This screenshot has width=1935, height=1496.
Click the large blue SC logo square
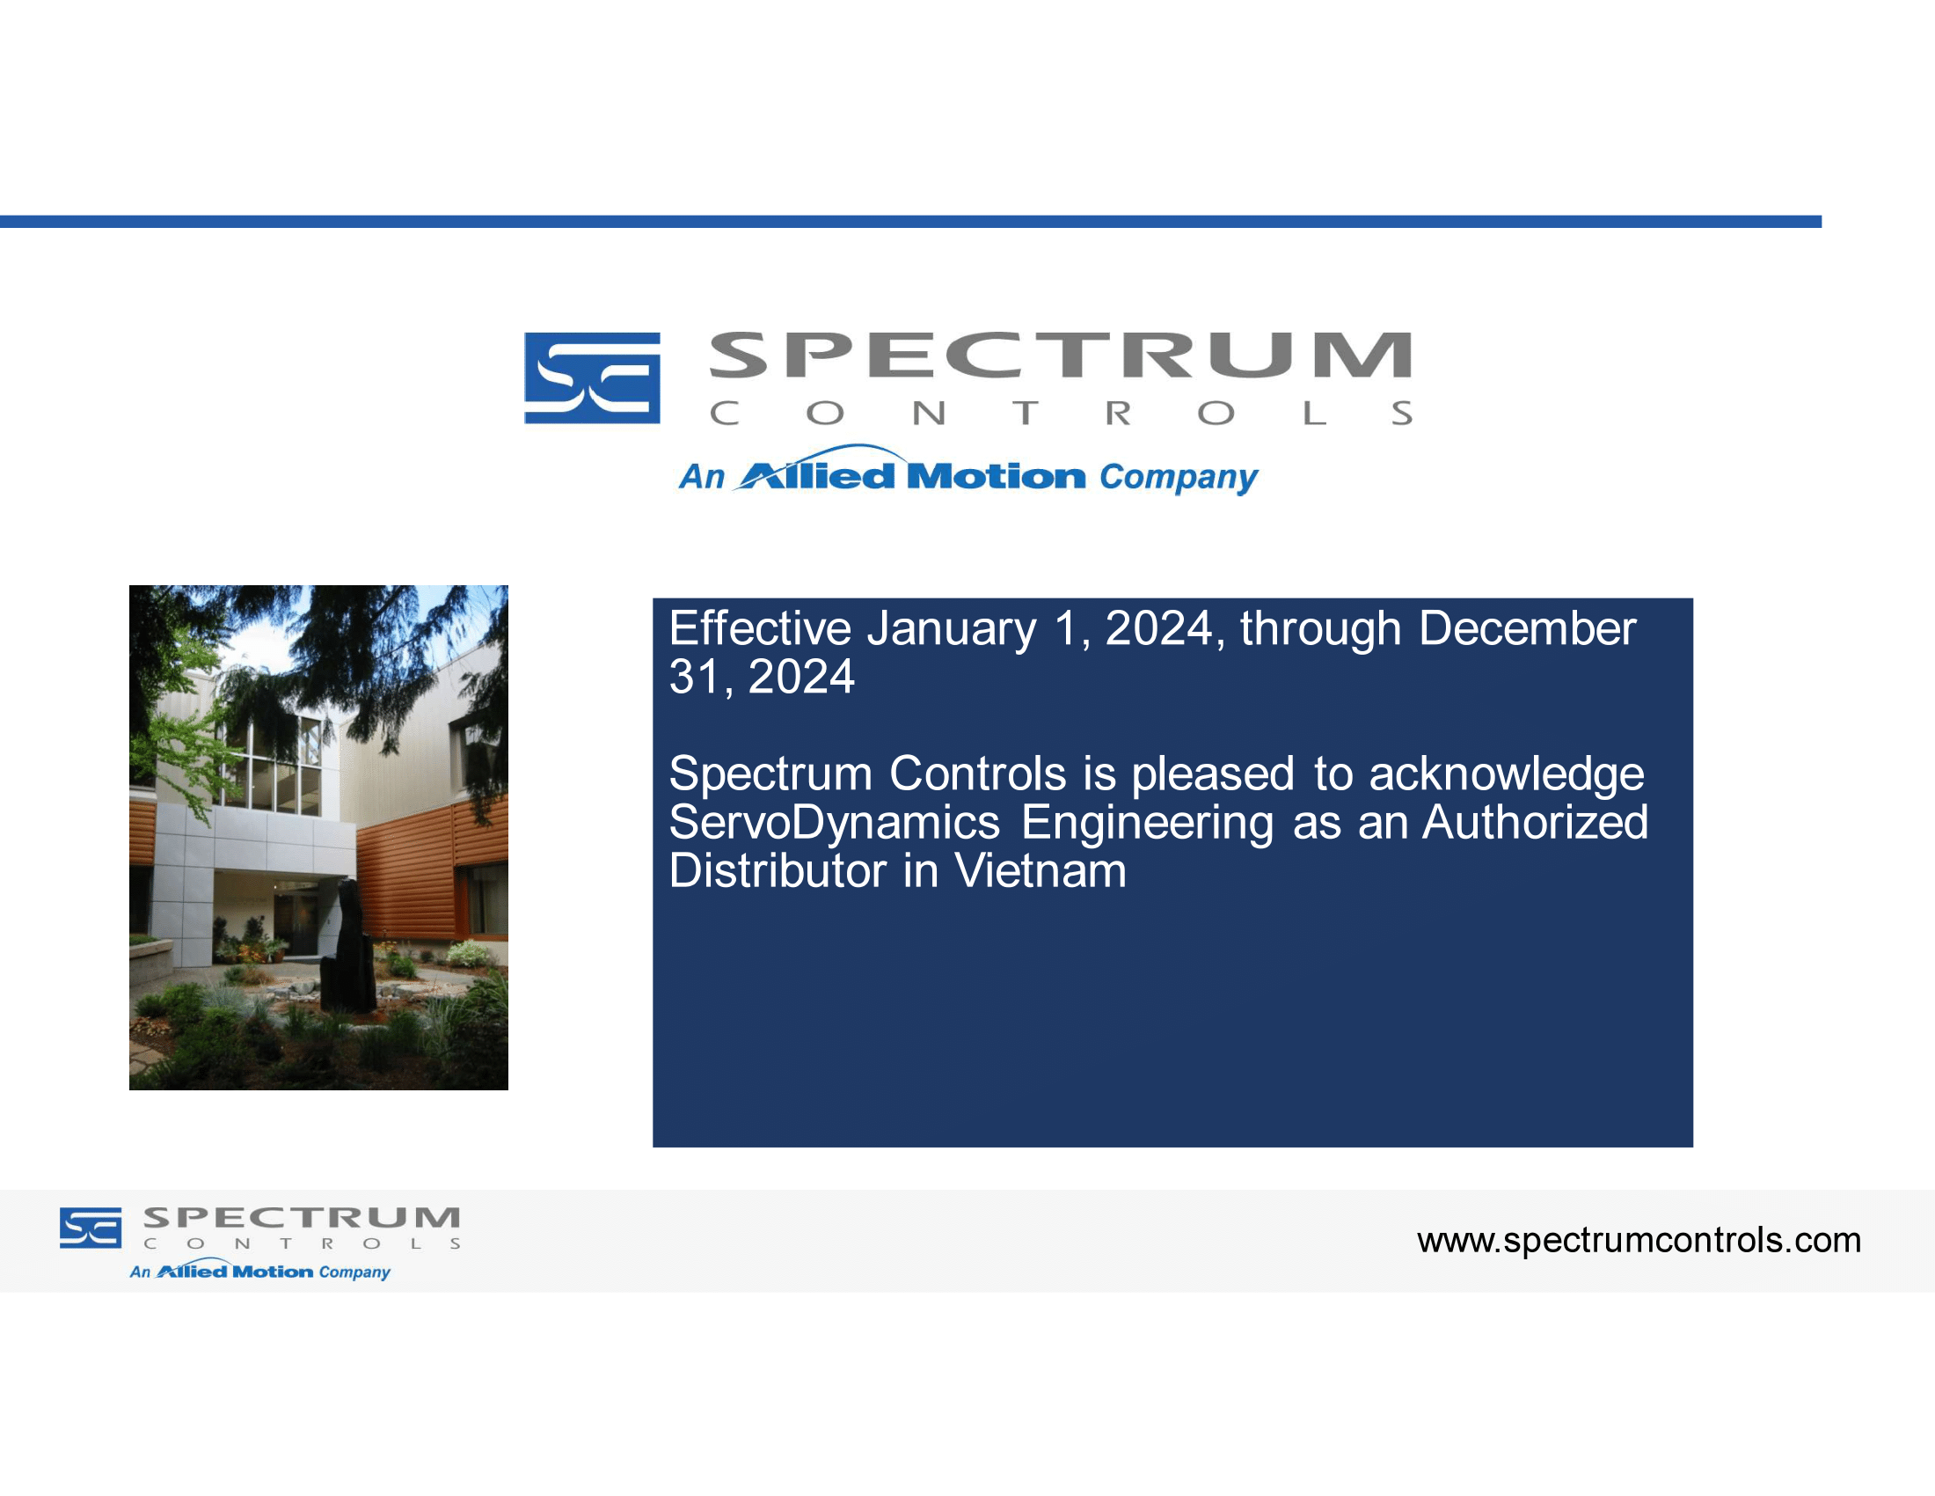pos(592,378)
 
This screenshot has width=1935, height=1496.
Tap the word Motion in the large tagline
pos(996,477)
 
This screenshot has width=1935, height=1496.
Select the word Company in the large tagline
pos(1179,479)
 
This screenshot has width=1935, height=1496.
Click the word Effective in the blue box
pos(759,628)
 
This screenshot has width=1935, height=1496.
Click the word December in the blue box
pos(1527,628)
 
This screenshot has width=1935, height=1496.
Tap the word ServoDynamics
pos(835,824)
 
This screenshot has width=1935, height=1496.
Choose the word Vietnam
pos(1041,870)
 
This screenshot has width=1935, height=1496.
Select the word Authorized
pos(1535,822)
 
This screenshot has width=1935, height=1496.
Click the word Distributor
pos(777,870)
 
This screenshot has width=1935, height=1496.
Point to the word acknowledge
pos(1506,774)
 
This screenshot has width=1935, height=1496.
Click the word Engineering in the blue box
pos(1147,824)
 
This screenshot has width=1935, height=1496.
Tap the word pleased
pos(1213,774)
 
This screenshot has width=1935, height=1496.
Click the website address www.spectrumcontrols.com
pos(1639,1241)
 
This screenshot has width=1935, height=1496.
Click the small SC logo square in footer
pos(91,1228)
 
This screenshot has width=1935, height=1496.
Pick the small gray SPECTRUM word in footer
pos(301,1217)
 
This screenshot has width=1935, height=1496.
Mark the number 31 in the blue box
pos(696,677)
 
